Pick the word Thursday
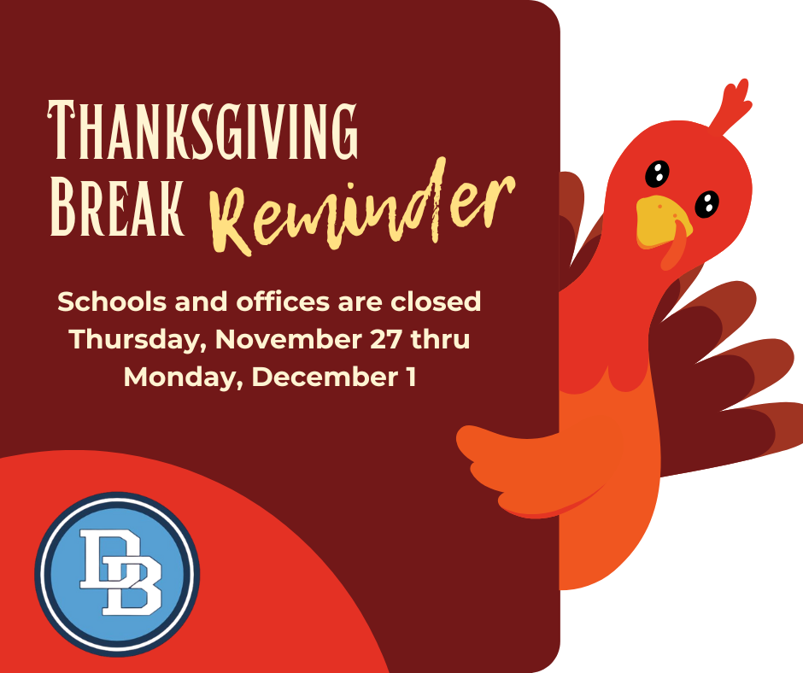[x=137, y=340]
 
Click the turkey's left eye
[x=656, y=173]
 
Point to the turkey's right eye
[x=706, y=203]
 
